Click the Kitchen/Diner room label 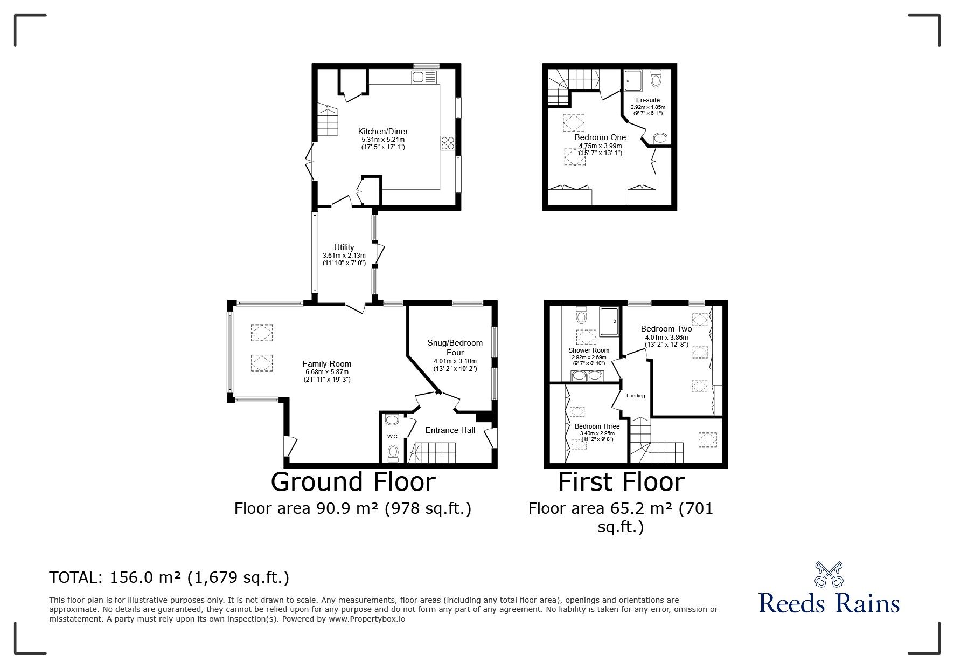tap(383, 132)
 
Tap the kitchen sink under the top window tap(425, 77)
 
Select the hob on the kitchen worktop tap(448, 142)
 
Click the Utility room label tap(344, 247)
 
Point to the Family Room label tap(326, 364)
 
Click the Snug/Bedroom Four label tap(455, 347)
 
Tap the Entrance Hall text tap(450, 430)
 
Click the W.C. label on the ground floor tap(392, 436)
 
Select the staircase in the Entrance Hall tap(433, 452)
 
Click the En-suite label tap(647, 100)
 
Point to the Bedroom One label tap(600, 137)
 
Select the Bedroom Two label tap(666, 329)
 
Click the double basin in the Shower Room tap(586, 375)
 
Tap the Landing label tap(636, 396)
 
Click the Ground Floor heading tap(353, 481)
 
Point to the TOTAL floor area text tap(169, 578)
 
